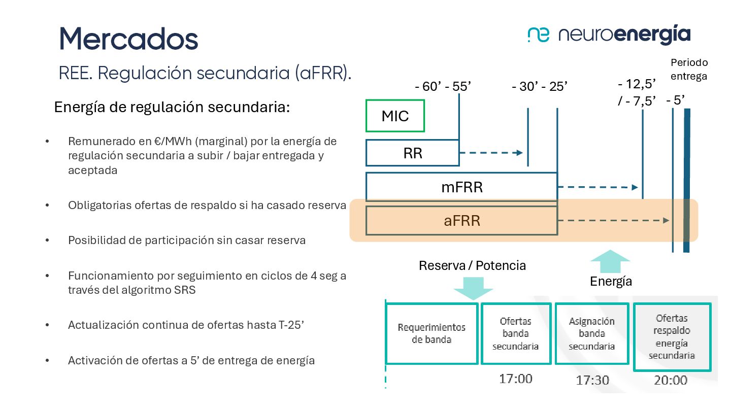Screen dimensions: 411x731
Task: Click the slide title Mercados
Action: click(128, 39)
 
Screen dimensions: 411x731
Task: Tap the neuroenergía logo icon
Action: click(538, 35)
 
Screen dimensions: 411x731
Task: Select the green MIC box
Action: click(395, 116)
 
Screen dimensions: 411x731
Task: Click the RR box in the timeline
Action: click(412, 153)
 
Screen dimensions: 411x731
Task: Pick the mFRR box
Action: click(461, 187)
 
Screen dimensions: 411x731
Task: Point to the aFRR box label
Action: click(461, 221)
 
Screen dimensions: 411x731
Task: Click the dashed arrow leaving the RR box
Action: click(491, 153)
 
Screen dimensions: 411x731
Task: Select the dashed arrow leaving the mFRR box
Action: click(597, 187)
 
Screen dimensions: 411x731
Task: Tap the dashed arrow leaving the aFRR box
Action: click(614, 221)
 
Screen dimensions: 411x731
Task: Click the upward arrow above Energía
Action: click(610, 262)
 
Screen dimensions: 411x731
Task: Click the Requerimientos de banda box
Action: click(431, 333)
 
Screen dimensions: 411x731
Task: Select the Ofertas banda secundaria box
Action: click(515, 333)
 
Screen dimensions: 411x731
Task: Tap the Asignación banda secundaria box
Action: click(591, 333)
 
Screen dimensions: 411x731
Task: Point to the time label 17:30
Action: click(592, 380)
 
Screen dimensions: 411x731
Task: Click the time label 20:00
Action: click(671, 380)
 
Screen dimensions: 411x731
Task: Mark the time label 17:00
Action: click(515, 379)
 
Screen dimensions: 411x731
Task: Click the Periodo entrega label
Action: click(689, 70)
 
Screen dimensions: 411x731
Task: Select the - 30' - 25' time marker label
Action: click(540, 87)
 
